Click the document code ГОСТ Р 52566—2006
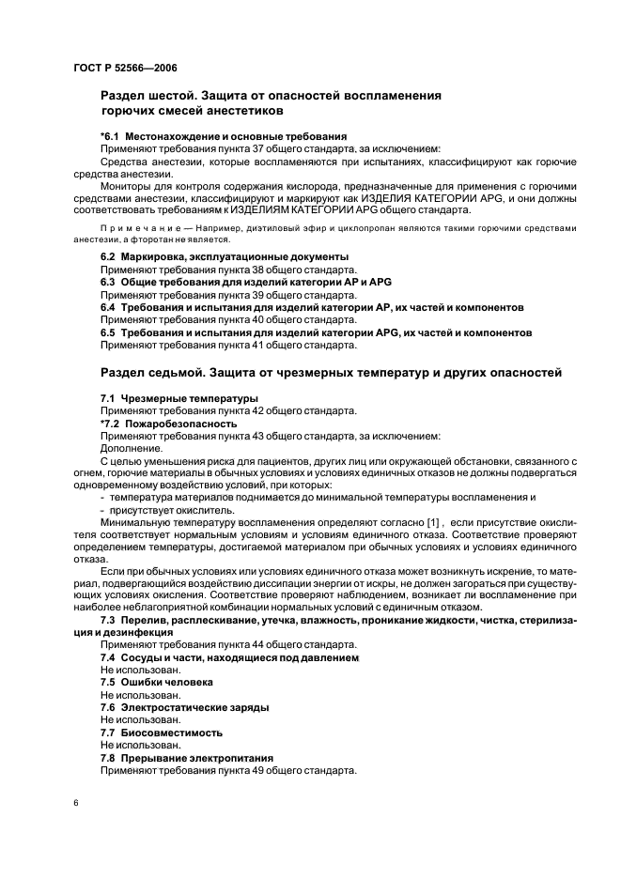[x=124, y=68]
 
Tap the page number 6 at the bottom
[x=75, y=804]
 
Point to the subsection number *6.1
[x=111, y=136]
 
